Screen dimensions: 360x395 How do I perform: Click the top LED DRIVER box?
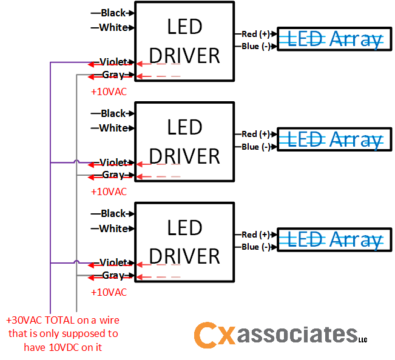pyautogui.click(x=184, y=41)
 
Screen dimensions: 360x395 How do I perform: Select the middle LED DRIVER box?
pyautogui.click(x=184, y=142)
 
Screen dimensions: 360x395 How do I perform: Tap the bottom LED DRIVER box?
pyautogui.click(x=184, y=242)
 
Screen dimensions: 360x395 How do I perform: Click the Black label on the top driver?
pyautogui.click(x=113, y=13)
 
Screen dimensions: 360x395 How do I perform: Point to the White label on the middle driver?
pyautogui.click(x=113, y=128)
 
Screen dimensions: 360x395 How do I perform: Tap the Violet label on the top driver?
pyautogui.click(x=113, y=62)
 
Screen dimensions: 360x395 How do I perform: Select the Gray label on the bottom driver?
pyautogui.click(x=113, y=275)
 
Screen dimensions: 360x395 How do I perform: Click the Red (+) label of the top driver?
pyautogui.click(x=255, y=33)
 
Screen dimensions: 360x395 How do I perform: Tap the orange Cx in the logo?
pyautogui.click(x=214, y=335)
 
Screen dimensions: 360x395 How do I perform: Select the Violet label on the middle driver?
pyautogui.click(x=113, y=162)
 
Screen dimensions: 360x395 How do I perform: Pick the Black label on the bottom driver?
pyautogui.click(x=113, y=213)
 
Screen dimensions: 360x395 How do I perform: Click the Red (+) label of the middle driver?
pyautogui.click(x=255, y=134)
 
